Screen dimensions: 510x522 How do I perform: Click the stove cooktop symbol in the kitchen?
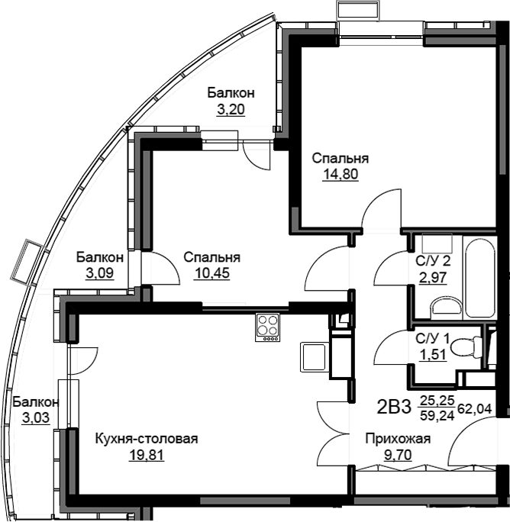click(x=268, y=327)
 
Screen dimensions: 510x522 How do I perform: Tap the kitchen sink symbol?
click(x=313, y=357)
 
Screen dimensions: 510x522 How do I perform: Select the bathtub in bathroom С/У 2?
click(x=479, y=278)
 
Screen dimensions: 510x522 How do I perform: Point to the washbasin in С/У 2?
click(x=447, y=305)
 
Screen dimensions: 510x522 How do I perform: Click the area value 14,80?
click(x=340, y=174)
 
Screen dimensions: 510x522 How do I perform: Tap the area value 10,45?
click(x=212, y=273)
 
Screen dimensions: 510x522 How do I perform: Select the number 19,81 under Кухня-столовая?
click(x=147, y=455)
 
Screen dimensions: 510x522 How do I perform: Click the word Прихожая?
click(x=398, y=439)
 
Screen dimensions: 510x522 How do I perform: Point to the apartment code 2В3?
click(x=394, y=407)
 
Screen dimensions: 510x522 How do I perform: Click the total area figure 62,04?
click(x=475, y=408)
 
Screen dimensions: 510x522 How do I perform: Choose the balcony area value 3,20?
click(x=231, y=109)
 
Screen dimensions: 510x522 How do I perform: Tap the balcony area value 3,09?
click(x=99, y=273)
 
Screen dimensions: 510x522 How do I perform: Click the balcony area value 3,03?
click(x=36, y=417)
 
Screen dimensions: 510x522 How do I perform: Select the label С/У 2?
click(x=433, y=261)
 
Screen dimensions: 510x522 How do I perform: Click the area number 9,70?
click(x=398, y=455)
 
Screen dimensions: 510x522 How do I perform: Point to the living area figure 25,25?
click(x=437, y=400)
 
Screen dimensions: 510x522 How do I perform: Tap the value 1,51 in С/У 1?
click(x=433, y=355)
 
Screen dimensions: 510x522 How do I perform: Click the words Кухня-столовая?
click(x=147, y=439)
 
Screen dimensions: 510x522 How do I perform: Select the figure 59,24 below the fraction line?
click(x=437, y=415)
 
